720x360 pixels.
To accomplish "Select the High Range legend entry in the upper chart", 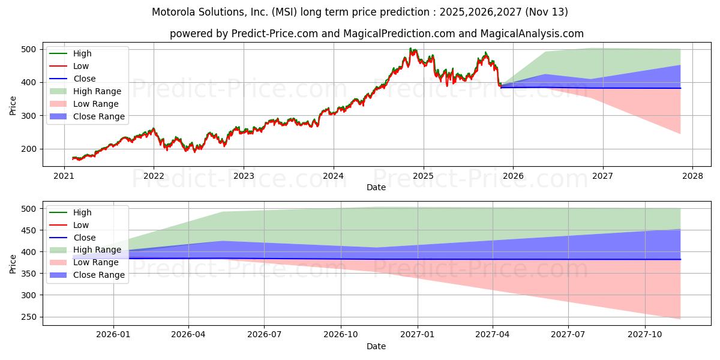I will point(97,91).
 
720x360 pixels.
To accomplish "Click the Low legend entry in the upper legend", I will point(82,66).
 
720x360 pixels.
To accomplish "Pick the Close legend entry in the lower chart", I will point(84,238).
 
